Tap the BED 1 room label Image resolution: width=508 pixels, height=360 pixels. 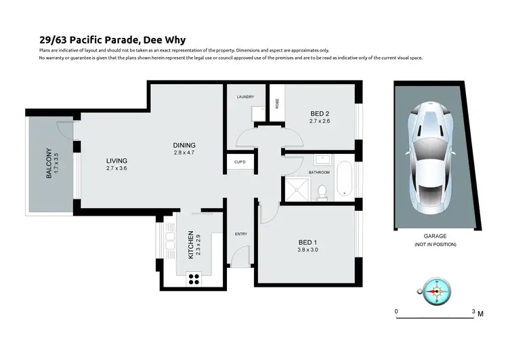point(308,241)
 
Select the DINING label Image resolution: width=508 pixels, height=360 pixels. point(184,145)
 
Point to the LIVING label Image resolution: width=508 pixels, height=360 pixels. point(117,161)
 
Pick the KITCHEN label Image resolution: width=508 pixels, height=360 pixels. point(191,247)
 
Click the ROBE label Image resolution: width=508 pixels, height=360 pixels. point(276,104)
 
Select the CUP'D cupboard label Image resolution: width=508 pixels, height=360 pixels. point(239,163)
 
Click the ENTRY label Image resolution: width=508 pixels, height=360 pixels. point(241,235)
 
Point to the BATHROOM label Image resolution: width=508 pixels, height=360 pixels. point(319,172)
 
